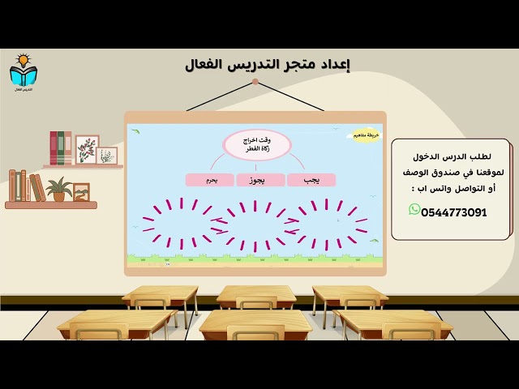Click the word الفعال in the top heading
207,65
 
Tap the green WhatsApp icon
414,210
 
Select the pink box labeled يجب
311,180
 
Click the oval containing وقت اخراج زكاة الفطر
257,145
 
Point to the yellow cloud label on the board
361,135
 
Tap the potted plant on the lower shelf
58,190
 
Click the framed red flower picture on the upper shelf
87,149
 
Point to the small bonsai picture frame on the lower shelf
81,192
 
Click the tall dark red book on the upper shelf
54,148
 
